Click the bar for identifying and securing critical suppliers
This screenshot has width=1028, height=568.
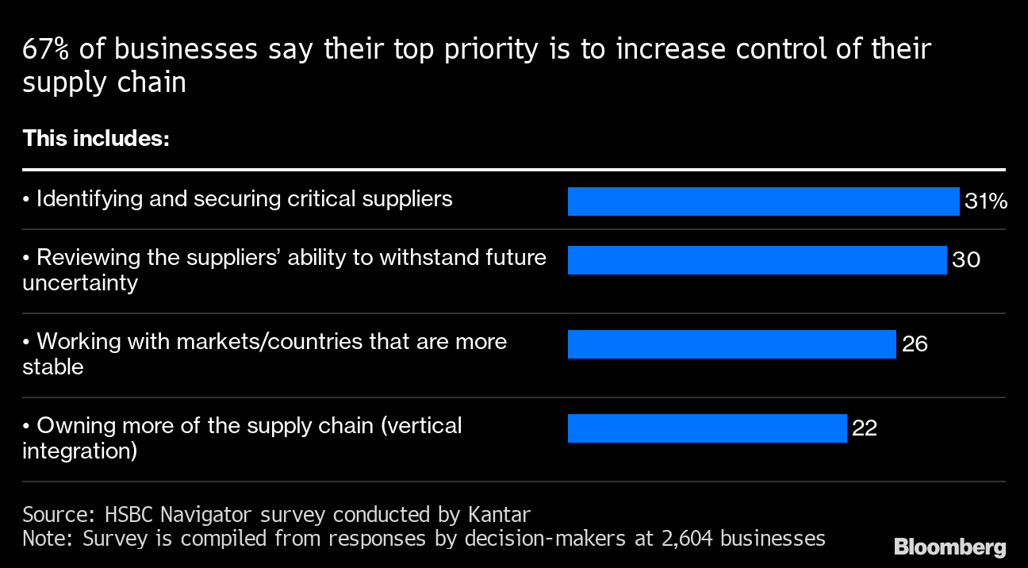[x=763, y=201]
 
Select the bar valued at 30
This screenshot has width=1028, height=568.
[x=757, y=260]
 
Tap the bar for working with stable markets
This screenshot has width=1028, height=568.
[x=731, y=344]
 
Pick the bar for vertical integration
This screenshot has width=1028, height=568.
[x=707, y=428]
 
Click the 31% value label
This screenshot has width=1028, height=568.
[x=986, y=202]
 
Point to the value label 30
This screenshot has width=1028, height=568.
[x=966, y=260]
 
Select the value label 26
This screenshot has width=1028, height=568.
[x=915, y=344]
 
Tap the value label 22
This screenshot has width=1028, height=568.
[x=865, y=428]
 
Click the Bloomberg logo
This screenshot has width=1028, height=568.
[x=949, y=547]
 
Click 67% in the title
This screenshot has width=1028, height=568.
[x=47, y=50]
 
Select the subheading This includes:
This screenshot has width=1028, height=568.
[x=96, y=139]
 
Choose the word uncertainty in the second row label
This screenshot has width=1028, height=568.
[x=80, y=283]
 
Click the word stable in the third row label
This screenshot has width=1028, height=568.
[x=52, y=367]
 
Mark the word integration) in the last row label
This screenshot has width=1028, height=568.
[x=79, y=451]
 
